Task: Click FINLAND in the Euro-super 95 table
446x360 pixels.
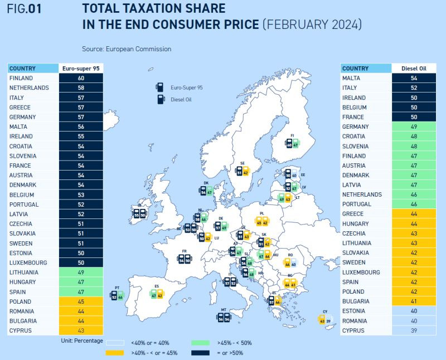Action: pyautogui.click(x=21, y=78)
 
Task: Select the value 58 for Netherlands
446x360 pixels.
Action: pyautogui.click(x=81, y=88)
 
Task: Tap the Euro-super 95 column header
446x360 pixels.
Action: pyautogui.click(x=81, y=69)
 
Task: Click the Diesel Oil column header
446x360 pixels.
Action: pyautogui.click(x=413, y=69)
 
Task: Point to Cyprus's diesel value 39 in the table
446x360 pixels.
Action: pyautogui.click(x=413, y=330)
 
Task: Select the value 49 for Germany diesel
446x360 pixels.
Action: pyautogui.click(x=413, y=127)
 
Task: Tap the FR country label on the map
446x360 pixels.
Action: pyautogui.click(x=184, y=251)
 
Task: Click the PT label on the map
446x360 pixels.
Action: pyautogui.click(x=118, y=288)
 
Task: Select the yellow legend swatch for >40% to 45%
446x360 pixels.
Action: pyautogui.click(x=115, y=353)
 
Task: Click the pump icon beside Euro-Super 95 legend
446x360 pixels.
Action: pyautogui.click(x=160, y=87)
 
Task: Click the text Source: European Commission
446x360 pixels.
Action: pyautogui.click(x=126, y=49)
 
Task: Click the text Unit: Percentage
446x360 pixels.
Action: pyautogui.click(x=82, y=340)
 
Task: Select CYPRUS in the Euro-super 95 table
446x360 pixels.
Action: pyautogui.click(x=21, y=330)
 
